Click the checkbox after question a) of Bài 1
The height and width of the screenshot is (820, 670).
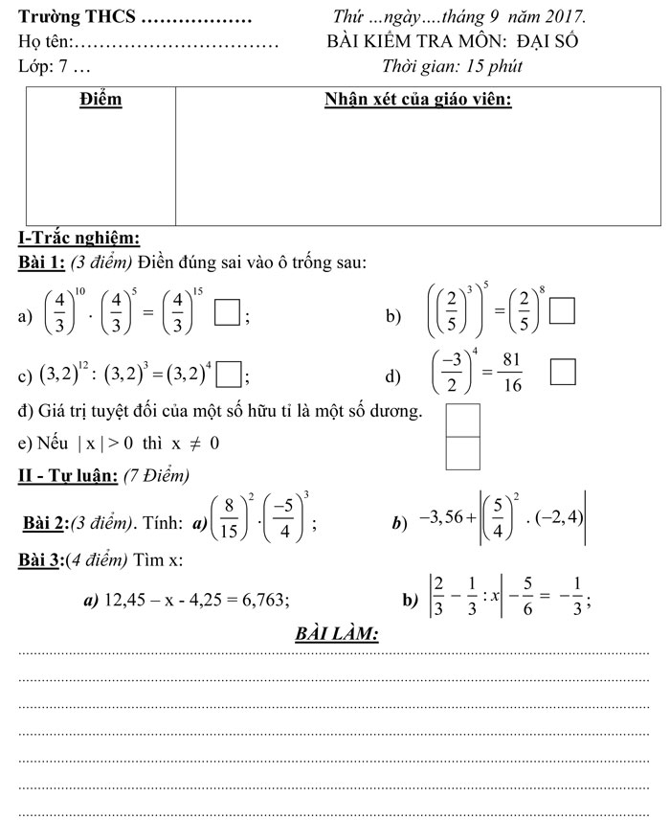pos(226,313)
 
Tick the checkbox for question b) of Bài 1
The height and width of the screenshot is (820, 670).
pos(564,313)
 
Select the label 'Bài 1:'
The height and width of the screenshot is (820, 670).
pos(42,262)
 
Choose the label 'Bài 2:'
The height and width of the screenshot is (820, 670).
pos(45,522)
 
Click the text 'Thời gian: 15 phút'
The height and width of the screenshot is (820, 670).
pos(452,66)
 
